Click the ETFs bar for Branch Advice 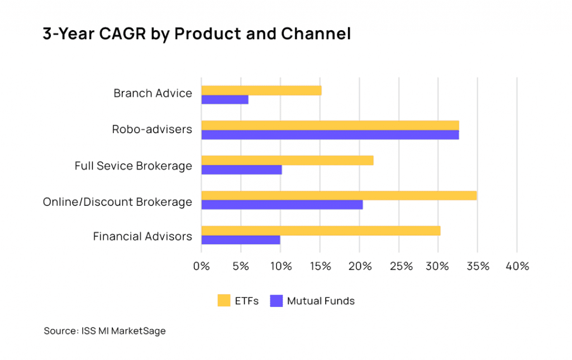261,91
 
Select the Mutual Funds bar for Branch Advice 225,100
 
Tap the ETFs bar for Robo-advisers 330,125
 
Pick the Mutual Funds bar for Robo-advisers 330,135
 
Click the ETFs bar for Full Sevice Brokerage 287,160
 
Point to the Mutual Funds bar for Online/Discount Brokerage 282,205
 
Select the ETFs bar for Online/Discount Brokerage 339,195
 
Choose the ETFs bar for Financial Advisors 321,230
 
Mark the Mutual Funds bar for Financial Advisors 240,240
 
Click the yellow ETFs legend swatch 224,301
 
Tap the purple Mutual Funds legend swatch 276,301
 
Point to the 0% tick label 201,267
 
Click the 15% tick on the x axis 320,267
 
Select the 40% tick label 517,267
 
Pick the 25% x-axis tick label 398,267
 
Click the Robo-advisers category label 151,130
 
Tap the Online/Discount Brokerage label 117,202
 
